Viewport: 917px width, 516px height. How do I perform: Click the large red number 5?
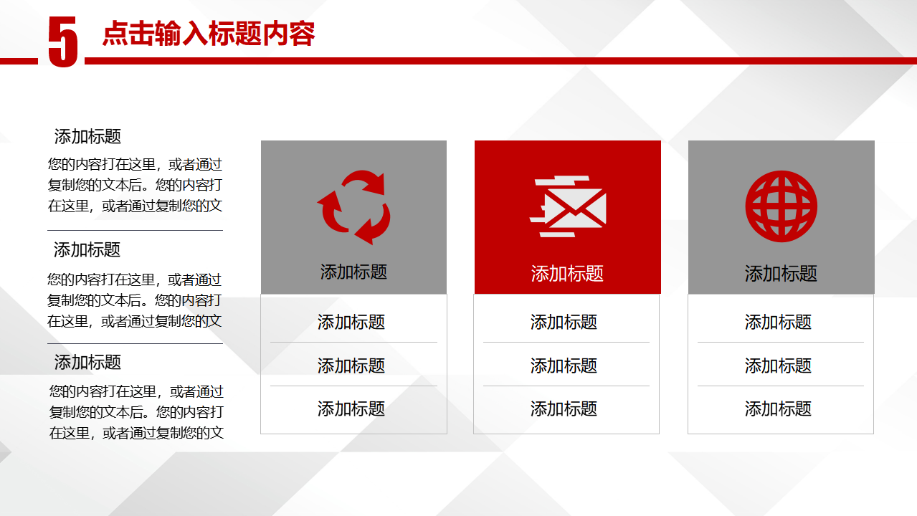click(x=63, y=42)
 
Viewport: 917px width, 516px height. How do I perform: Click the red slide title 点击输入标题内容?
click(x=209, y=34)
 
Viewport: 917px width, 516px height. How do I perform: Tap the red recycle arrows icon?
click(x=353, y=207)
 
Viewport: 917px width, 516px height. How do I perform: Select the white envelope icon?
click(x=569, y=206)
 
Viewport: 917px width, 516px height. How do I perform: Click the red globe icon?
click(x=781, y=206)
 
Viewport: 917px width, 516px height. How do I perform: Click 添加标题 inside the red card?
click(x=567, y=273)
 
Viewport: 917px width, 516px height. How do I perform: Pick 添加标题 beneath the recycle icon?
click(x=353, y=272)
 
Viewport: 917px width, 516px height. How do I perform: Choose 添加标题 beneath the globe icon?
click(x=781, y=273)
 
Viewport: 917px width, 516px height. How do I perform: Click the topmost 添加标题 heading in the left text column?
click(x=87, y=136)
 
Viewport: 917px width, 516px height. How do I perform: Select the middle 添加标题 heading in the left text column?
click(x=87, y=249)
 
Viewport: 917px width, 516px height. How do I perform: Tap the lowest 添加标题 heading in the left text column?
click(x=87, y=362)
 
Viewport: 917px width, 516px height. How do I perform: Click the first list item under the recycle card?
click(x=351, y=322)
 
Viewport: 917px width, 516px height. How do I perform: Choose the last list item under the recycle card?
click(x=351, y=408)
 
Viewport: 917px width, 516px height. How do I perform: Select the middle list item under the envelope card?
click(x=564, y=365)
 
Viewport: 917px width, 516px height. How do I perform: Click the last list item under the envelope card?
click(x=564, y=408)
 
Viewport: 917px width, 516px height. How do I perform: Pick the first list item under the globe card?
click(x=778, y=322)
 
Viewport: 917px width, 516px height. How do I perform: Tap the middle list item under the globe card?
click(x=778, y=365)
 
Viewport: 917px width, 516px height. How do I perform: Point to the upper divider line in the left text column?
click(x=135, y=230)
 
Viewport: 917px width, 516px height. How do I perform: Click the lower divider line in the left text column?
click(x=135, y=344)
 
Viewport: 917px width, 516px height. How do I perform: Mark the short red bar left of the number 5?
click(x=19, y=62)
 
